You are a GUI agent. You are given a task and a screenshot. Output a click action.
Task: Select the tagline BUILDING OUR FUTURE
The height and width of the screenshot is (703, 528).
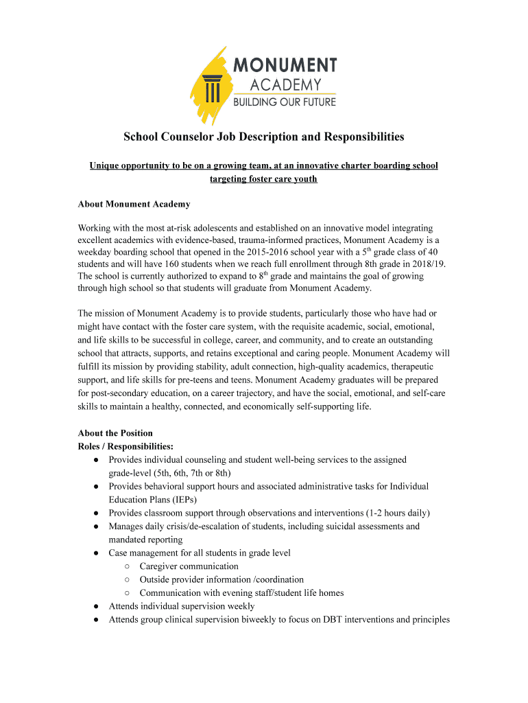pyautogui.click(x=285, y=102)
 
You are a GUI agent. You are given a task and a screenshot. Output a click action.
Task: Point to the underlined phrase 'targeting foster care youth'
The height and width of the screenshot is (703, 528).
pyautogui.click(x=263, y=179)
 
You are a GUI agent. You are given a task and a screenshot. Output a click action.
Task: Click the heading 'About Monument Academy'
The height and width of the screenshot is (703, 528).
pyautogui.click(x=134, y=204)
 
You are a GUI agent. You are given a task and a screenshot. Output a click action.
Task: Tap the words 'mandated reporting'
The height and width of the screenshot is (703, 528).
pyautogui.click(x=145, y=540)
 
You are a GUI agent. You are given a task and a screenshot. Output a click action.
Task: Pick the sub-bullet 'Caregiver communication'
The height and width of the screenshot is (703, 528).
pyautogui.click(x=189, y=566)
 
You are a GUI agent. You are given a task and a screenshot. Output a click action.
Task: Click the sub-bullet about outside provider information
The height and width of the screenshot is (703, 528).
pyautogui.click(x=221, y=579)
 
